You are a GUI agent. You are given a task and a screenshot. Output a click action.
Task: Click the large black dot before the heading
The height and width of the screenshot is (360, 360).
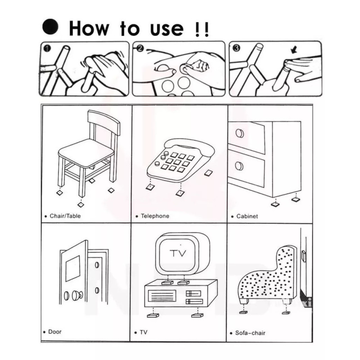pyautogui.click(x=50, y=27)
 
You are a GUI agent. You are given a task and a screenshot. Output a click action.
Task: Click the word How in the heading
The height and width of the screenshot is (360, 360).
pyautogui.click(x=89, y=28)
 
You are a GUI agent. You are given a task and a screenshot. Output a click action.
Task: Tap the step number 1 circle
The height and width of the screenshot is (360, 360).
pyautogui.click(x=47, y=49)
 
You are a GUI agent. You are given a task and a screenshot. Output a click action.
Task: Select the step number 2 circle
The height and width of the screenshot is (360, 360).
pyautogui.click(x=140, y=49)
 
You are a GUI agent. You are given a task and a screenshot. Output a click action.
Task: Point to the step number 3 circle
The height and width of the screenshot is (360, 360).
pyautogui.click(x=237, y=48)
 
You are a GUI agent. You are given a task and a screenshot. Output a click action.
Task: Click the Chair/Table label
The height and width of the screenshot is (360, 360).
pyautogui.click(x=65, y=216)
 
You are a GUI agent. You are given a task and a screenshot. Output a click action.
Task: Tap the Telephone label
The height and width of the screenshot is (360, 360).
pyautogui.click(x=155, y=216)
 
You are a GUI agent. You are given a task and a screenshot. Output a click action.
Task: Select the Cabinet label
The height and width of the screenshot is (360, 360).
pyautogui.click(x=247, y=216)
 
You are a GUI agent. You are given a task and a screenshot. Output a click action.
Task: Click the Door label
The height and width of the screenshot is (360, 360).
pyautogui.click(x=55, y=332)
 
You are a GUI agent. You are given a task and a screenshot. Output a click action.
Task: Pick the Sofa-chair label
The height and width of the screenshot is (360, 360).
pyautogui.click(x=250, y=333)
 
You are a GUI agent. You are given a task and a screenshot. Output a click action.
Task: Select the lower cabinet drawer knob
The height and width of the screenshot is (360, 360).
pyautogui.click(x=239, y=166)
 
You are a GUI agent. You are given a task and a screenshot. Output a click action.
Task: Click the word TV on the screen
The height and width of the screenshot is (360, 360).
pyautogui.click(x=178, y=253)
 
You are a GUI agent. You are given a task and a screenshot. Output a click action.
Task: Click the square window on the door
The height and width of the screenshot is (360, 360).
pyautogui.click(x=73, y=268)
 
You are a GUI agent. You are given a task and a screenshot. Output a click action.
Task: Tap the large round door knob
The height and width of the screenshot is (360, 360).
pyautogui.click(x=76, y=296)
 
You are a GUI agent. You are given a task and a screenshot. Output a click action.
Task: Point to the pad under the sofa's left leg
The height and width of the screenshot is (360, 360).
pyautogui.click(x=243, y=312)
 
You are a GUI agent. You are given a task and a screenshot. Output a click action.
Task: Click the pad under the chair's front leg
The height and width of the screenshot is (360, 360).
pyautogui.click(x=81, y=204)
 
